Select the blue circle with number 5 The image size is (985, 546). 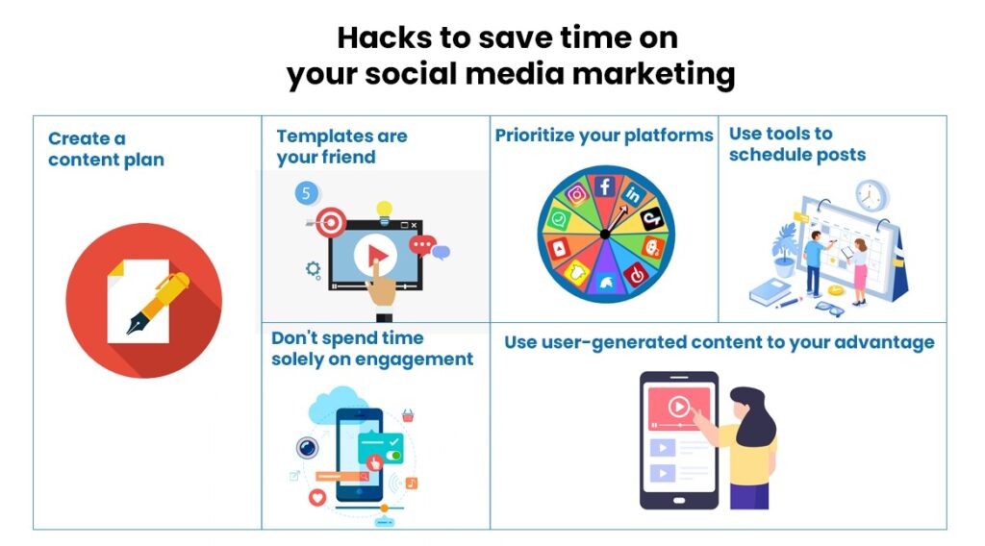pos(306,193)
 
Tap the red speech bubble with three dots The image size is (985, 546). pos(421,246)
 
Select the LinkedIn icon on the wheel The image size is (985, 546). pos(633,195)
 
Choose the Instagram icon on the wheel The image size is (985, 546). pos(577,194)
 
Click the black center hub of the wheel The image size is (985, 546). pos(605,234)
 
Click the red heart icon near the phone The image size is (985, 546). pos(316,498)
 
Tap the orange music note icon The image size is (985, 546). pos(411,483)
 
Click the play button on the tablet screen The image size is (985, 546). pos(679,407)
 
